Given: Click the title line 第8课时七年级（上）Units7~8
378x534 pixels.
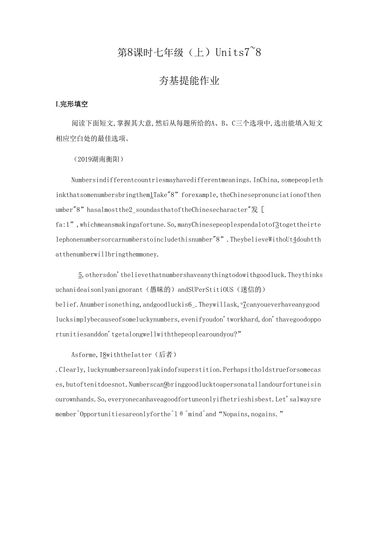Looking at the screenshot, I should [189, 53].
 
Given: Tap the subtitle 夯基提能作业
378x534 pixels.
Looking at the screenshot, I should [189, 81].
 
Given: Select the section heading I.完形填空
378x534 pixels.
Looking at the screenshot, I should [71, 104].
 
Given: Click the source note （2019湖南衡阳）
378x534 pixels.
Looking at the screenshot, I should [97, 159].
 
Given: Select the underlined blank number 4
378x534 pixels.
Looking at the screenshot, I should [295, 239].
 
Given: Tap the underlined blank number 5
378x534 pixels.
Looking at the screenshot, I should [80, 275].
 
